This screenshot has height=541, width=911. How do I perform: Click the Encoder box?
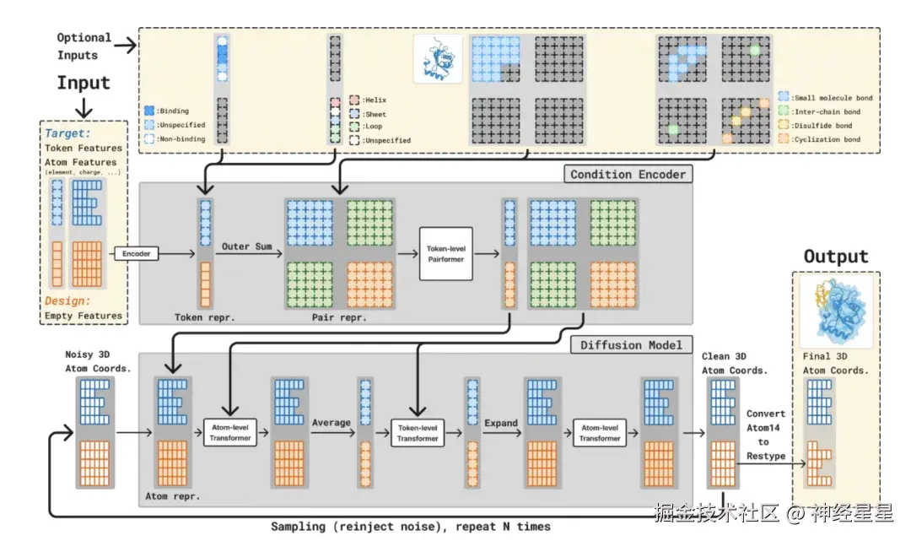[136, 252]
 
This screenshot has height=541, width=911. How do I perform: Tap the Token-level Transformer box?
[418, 432]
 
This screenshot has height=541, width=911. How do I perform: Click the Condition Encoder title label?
[628, 174]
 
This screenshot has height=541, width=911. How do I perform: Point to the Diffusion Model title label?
[632, 344]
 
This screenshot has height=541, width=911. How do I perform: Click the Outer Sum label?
[247, 246]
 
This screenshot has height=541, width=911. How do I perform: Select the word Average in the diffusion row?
[331, 422]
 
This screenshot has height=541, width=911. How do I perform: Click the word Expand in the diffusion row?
[501, 423]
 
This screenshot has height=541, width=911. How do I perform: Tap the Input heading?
[84, 83]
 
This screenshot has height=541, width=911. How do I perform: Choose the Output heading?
[835, 257]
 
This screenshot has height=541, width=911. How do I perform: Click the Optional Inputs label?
[84, 46]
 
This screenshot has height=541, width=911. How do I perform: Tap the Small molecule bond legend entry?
[827, 98]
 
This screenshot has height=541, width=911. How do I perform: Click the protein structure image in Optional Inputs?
[438, 57]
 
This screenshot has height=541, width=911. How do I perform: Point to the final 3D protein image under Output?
[834, 311]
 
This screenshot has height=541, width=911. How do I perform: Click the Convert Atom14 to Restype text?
[765, 435]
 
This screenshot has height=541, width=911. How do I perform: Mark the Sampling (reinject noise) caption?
[410, 527]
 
